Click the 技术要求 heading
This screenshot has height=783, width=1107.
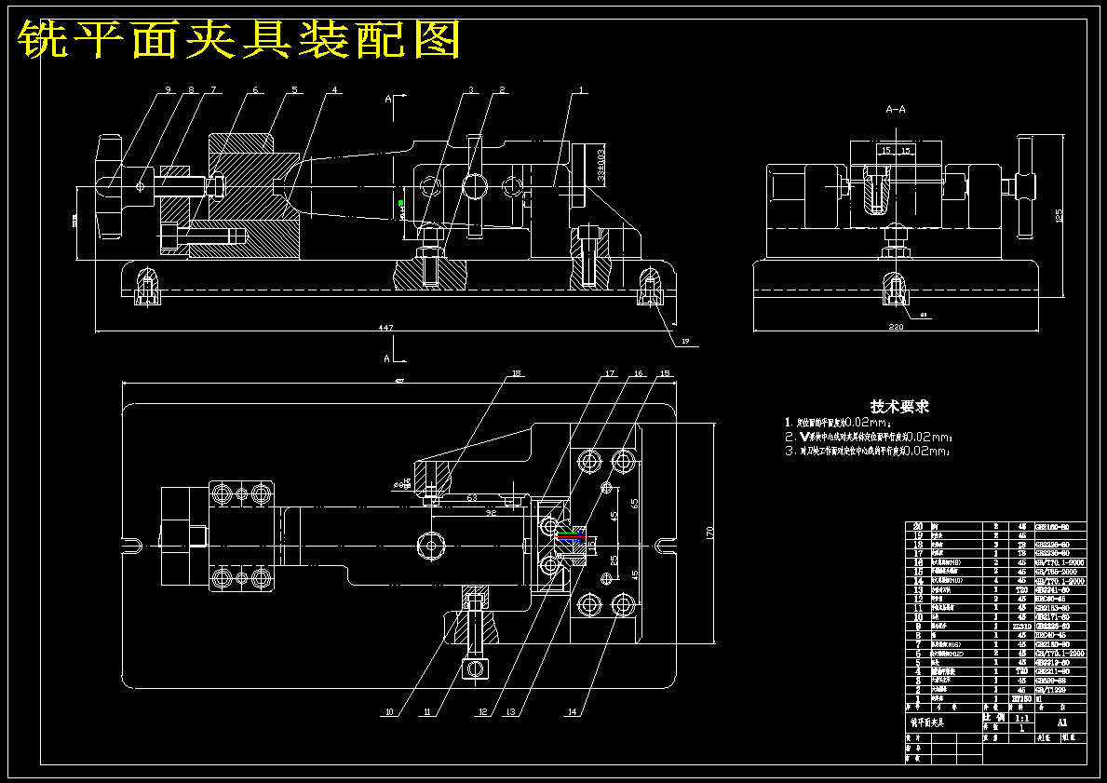pos(899,407)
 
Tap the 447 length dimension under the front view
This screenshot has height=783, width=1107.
pos(384,328)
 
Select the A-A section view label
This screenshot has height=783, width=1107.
pos(895,109)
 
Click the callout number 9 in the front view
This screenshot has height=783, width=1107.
pos(169,90)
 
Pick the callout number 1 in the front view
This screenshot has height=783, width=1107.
pos(582,90)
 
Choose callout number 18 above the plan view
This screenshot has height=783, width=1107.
pos(516,375)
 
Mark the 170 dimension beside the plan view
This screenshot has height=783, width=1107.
pos(709,533)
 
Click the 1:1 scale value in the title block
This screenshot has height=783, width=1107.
pos(1020,719)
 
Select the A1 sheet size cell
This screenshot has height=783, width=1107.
pos(1062,722)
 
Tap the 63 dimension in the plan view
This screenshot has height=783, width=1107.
pos(472,498)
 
